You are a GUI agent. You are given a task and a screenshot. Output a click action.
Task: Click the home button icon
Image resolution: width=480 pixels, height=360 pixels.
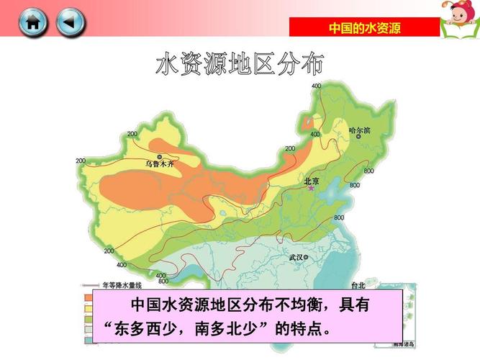[x=33, y=22]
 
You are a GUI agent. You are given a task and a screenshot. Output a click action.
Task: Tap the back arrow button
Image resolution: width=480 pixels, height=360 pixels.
[x=70, y=22]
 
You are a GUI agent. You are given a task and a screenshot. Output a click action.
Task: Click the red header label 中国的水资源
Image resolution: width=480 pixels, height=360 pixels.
[x=364, y=28]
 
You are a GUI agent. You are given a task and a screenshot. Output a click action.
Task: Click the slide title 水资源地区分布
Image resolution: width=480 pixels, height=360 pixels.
[x=240, y=64]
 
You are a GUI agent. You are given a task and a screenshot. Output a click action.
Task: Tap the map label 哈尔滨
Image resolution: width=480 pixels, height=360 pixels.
[x=359, y=131]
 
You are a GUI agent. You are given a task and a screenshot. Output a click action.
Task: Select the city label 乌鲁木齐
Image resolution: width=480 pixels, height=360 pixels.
[x=159, y=164]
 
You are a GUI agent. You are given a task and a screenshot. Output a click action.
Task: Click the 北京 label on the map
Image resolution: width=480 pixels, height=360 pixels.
[x=312, y=181]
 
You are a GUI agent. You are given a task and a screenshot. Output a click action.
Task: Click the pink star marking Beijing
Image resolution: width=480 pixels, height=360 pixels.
[x=312, y=189]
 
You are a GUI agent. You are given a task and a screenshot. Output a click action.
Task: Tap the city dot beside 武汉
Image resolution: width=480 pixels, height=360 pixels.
[x=307, y=256]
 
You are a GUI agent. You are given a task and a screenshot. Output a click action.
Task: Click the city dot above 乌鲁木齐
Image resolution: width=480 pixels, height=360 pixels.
[x=159, y=156]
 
